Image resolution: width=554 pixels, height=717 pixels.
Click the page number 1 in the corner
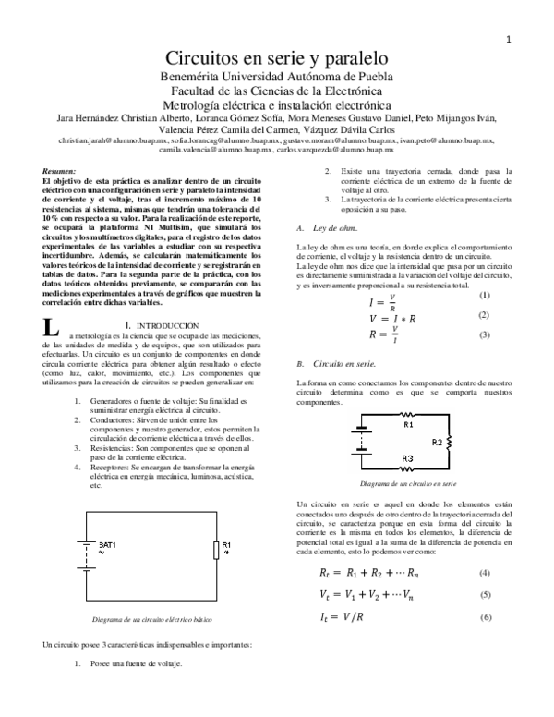508,40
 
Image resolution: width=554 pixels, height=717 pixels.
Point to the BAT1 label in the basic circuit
107,547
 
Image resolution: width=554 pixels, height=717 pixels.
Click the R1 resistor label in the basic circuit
226,546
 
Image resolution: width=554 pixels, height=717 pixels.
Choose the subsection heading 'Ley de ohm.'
335,228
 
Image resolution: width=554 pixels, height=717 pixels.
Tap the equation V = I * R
392,318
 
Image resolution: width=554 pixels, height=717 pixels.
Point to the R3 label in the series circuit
406,459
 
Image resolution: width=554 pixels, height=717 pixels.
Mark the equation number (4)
485,573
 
